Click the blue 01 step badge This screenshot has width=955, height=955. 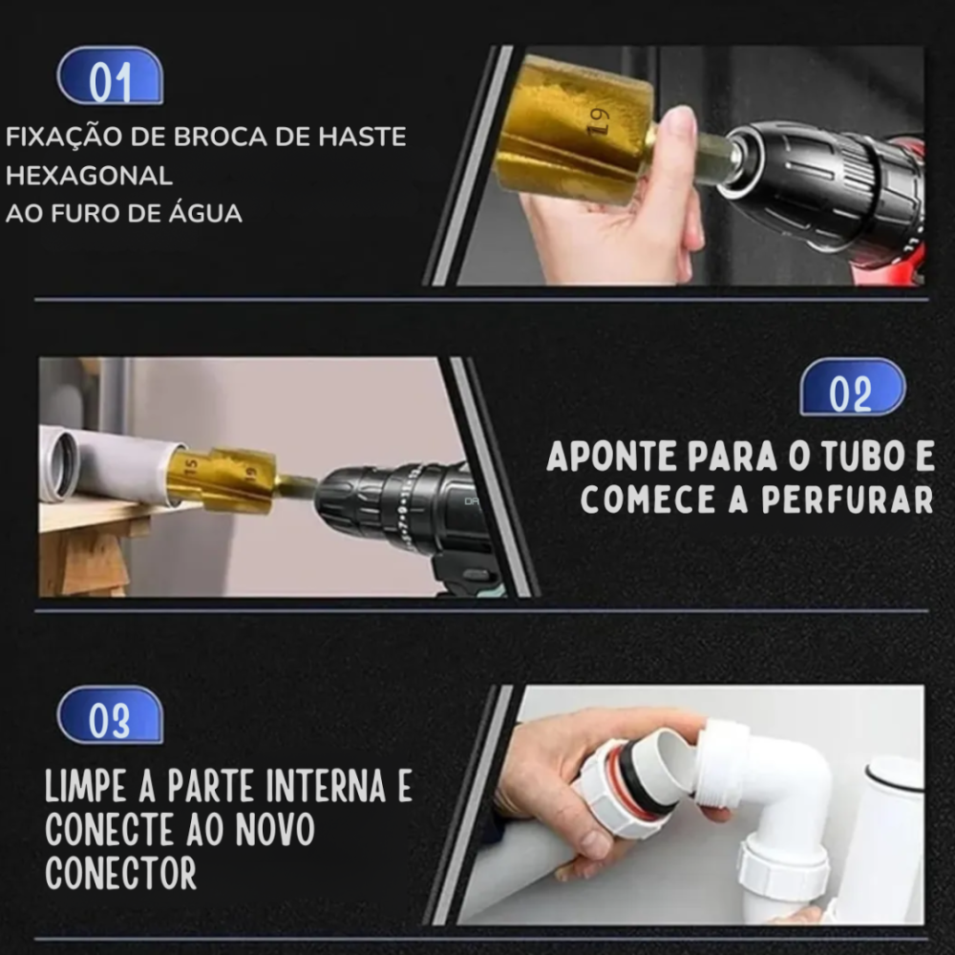click(110, 76)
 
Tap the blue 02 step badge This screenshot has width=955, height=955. click(852, 388)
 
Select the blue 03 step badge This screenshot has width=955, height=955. click(110, 715)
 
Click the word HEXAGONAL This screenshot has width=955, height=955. click(89, 176)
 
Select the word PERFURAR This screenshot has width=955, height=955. click(847, 500)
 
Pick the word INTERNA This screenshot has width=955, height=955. click(326, 786)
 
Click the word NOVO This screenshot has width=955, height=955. click(275, 830)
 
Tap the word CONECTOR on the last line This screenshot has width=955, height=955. click(120, 874)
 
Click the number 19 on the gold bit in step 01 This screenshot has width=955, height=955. click(598, 121)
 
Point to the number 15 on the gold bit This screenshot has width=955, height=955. click(191, 467)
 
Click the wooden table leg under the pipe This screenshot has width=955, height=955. click(83, 562)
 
